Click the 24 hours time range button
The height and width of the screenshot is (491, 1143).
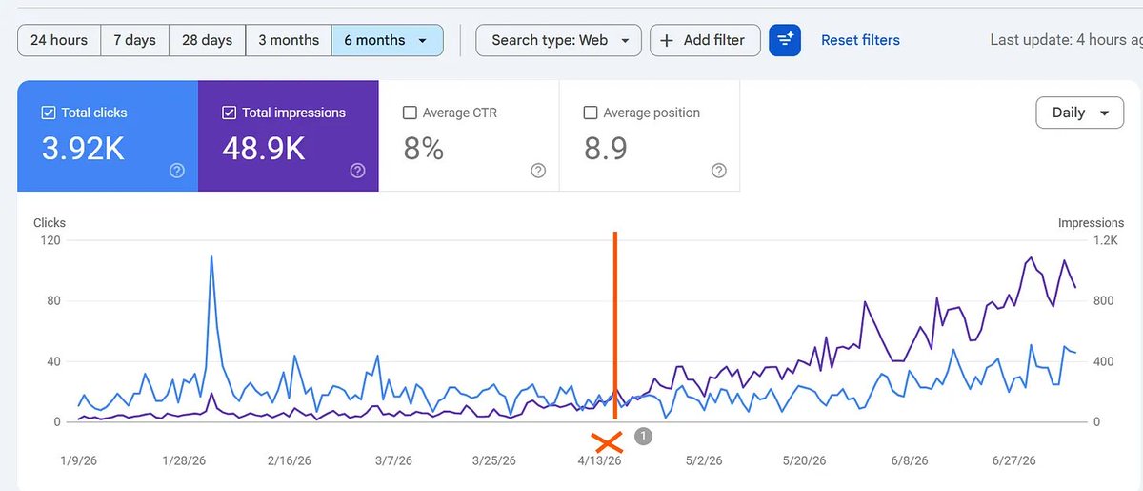click(59, 40)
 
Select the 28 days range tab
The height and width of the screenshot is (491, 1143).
click(208, 40)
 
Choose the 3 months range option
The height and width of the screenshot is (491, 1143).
click(289, 40)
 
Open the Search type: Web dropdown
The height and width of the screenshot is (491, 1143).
click(559, 40)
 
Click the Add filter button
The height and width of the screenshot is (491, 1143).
click(705, 40)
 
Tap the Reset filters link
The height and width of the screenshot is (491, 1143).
click(860, 40)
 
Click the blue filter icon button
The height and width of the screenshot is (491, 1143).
click(785, 40)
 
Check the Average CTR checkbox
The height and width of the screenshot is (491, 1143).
click(410, 113)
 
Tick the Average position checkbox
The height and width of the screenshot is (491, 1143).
click(591, 113)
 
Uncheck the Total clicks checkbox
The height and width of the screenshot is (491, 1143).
click(49, 113)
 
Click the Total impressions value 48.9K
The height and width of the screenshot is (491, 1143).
click(263, 149)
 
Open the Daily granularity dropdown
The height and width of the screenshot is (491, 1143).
click(1080, 113)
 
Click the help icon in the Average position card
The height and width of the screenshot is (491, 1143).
click(719, 170)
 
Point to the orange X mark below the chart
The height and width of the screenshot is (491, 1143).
click(607, 442)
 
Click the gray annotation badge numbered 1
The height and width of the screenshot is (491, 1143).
click(644, 437)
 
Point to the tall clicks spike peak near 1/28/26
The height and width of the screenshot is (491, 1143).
click(211, 256)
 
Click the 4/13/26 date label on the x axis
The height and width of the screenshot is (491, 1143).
click(599, 460)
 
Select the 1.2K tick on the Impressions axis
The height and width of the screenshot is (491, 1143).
click(1105, 240)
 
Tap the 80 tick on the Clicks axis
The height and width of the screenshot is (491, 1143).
click(53, 300)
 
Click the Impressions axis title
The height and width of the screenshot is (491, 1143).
click(1091, 223)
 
